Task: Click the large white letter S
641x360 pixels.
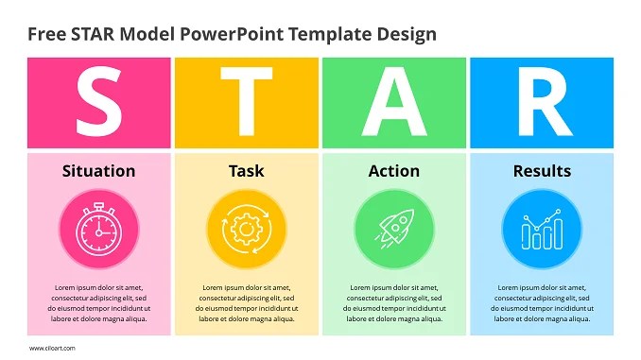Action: pos(98,103)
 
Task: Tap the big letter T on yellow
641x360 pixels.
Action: pos(246,103)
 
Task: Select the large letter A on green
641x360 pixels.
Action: pos(393,103)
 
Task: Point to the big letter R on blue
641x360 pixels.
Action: pos(542,103)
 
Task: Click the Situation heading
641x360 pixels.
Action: pos(98,171)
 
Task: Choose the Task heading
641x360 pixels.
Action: pos(246,171)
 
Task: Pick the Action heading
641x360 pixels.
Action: pos(393,171)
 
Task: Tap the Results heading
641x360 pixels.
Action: pos(542,171)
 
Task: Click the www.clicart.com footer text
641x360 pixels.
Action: pos(52,349)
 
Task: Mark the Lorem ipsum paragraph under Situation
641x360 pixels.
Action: pos(98,303)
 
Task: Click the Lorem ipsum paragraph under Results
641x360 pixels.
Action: pos(542,303)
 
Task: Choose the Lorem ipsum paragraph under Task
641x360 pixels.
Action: pos(246,303)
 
